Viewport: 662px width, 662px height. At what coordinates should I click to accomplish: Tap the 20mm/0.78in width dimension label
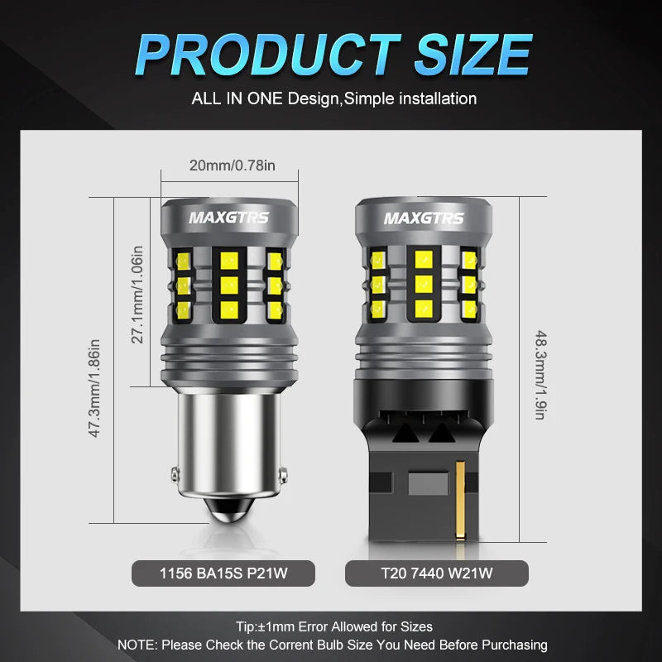(232, 165)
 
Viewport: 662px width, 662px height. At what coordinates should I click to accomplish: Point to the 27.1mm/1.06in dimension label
(138, 295)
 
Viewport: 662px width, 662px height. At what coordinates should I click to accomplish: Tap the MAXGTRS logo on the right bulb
(424, 218)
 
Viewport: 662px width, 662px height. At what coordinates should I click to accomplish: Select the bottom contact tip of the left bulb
(228, 517)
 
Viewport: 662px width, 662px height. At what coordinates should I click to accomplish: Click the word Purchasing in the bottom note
(512, 645)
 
